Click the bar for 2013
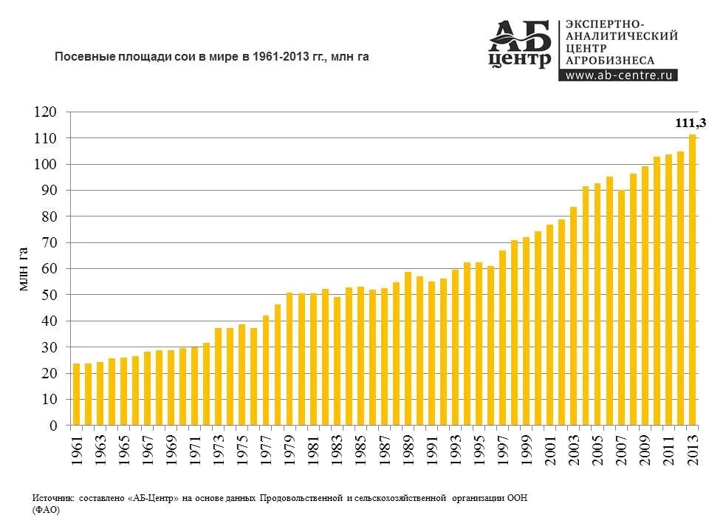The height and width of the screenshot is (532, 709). tap(692, 280)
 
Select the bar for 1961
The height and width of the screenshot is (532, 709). tap(76, 395)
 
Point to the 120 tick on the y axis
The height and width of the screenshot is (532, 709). tap(45, 112)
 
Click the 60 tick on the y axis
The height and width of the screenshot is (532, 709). tap(48, 269)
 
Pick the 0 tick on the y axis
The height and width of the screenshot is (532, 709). tap(52, 426)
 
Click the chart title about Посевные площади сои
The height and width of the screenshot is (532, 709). tap(212, 56)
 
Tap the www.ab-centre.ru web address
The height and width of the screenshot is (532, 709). tap(620, 75)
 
